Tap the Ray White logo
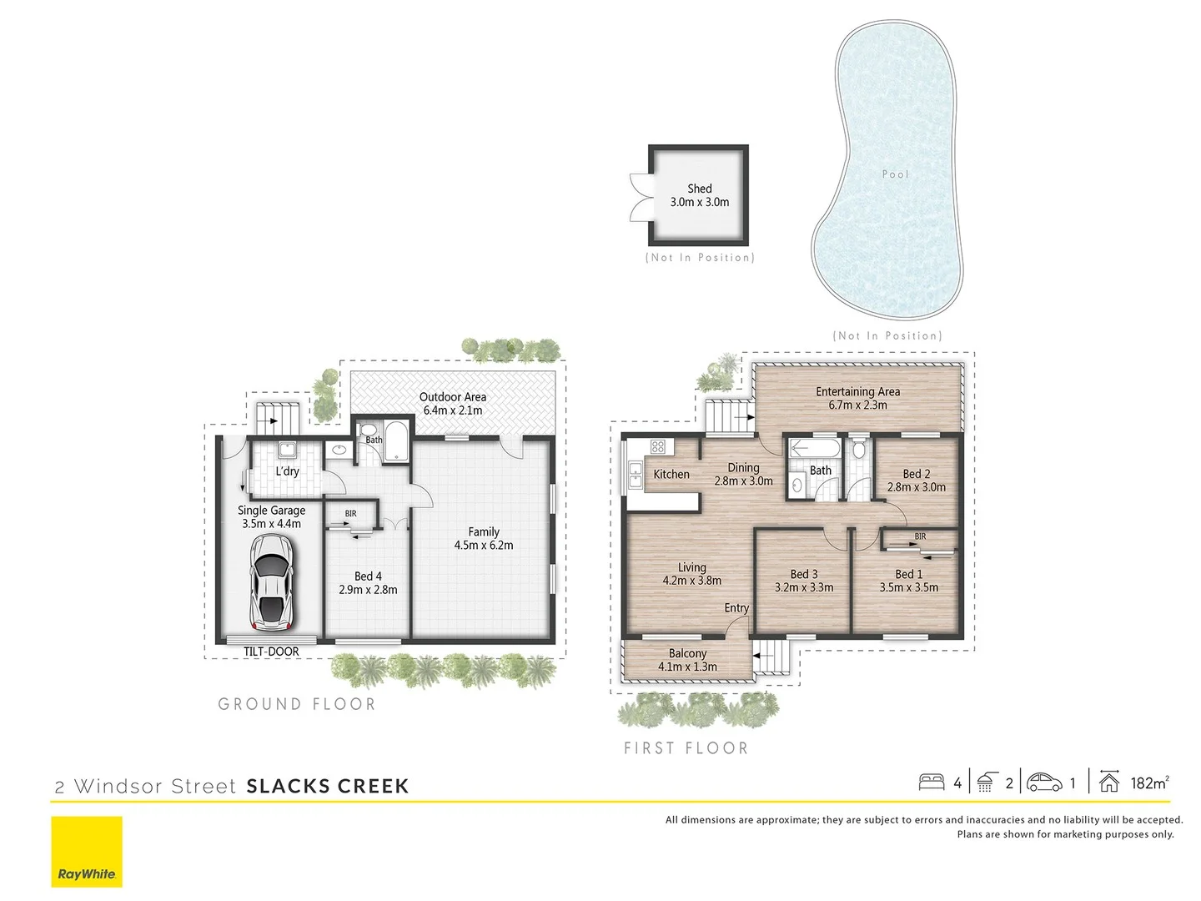[x=87, y=851]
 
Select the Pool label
[x=895, y=174]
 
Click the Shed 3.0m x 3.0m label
[x=699, y=195]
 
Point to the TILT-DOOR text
[x=271, y=652]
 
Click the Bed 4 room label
[x=368, y=582]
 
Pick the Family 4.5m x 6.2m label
[x=484, y=538]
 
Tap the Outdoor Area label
[x=452, y=404]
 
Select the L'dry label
[x=287, y=471]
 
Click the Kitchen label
[x=671, y=475]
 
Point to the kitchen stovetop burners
[x=657, y=446]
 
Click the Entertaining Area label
[x=857, y=398]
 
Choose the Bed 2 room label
[x=916, y=481]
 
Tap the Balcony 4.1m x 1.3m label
[x=687, y=660]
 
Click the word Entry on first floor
[x=736, y=608]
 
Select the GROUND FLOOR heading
[x=297, y=704]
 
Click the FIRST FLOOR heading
[x=686, y=748]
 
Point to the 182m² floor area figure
[x=1149, y=783]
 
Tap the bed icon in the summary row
[x=931, y=783]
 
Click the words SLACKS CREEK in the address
[x=328, y=786]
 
